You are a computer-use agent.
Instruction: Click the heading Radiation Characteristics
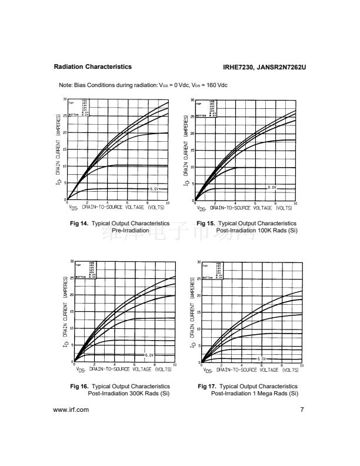pos(92,67)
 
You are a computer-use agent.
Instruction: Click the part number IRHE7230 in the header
pos(241,68)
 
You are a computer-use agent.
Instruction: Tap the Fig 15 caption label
pos(206,224)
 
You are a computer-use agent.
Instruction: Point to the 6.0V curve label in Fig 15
pos(272,187)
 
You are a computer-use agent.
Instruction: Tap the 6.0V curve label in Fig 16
pos(149,355)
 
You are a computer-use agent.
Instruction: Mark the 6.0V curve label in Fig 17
pos(261,358)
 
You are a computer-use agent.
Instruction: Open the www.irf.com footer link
pos(71,410)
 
